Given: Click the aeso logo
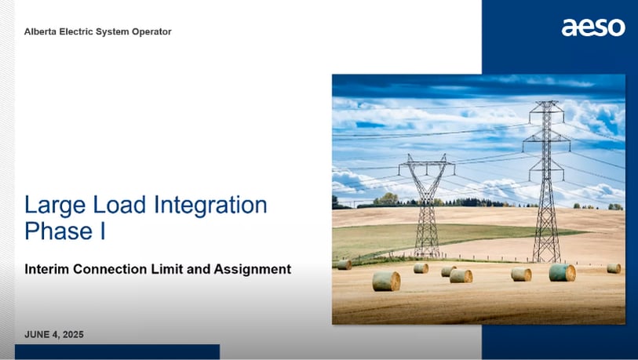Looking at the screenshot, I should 593,27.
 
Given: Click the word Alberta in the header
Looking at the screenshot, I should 41,32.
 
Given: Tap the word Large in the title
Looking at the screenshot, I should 52,206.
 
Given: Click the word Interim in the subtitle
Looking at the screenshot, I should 49,269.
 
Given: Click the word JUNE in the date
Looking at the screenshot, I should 38,335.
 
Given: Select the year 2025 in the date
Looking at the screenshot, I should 72,335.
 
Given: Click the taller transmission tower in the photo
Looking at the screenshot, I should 547,180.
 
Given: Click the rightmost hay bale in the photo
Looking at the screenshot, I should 614,268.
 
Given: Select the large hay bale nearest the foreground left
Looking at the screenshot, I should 386,281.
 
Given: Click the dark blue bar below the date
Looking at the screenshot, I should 117,352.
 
